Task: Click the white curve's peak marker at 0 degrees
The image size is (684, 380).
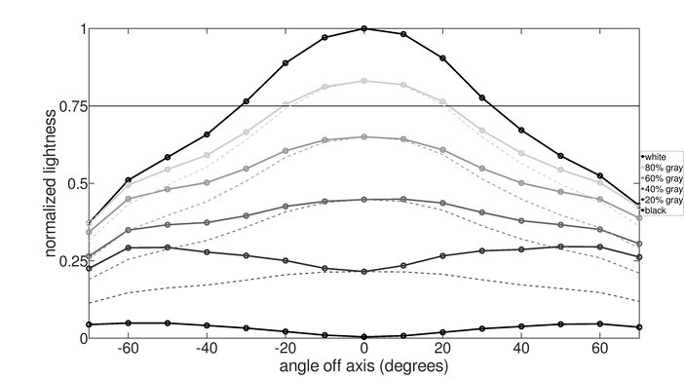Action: click(x=364, y=28)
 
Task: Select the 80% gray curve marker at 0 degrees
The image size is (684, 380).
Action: click(x=364, y=81)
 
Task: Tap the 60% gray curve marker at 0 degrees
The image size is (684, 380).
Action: click(x=364, y=137)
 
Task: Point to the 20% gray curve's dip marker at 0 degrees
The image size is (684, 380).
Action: click(x=364, y=271)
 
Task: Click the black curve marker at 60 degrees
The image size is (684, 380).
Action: click(x=600, y=323)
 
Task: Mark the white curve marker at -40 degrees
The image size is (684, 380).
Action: click(x=207, y=134)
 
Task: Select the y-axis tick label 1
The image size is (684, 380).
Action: click(x=80, y=28)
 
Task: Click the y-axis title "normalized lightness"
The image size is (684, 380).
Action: click(x=48, y=182)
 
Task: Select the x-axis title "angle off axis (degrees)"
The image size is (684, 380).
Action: click(x=363, y=368)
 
